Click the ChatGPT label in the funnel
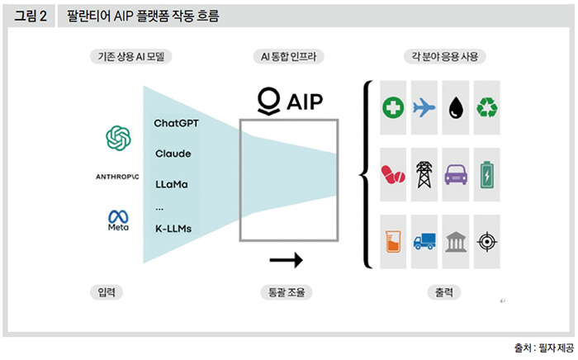coord(176,123)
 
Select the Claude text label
coord(173,154)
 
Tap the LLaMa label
coord(172,184)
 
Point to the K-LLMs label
coord(173,227)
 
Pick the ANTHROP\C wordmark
coord(119,177)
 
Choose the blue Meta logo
coord(119,220)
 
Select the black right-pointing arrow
coord(287,261)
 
